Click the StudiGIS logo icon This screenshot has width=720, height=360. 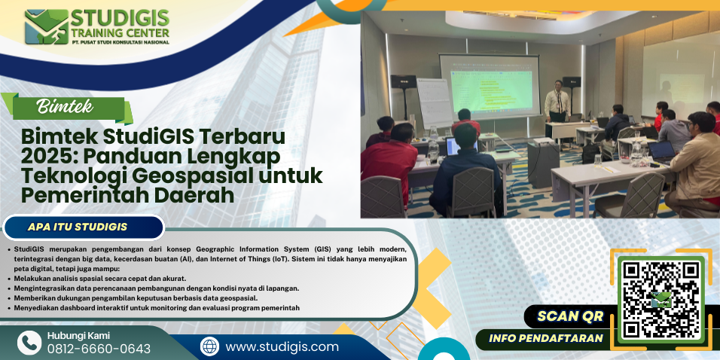pos(47,27)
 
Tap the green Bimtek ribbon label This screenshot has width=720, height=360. pos(68,108)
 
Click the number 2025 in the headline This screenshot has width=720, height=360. pos(43,157)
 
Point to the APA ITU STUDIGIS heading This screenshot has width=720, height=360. pos(78,227)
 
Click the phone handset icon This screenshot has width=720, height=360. pos(29,343)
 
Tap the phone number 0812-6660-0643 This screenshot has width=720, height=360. pos(99,349)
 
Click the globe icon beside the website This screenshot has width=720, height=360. pos(210,346)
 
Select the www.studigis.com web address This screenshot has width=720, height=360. pos(282,346)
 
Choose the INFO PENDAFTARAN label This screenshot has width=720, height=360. pos(545,339)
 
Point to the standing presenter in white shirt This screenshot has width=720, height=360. pos(557,102)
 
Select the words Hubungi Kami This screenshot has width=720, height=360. pos(78,336)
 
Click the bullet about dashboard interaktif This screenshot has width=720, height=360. pos(157,308)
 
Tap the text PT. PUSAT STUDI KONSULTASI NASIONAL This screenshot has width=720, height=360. pos(120,42)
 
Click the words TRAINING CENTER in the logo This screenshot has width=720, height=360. pos(120,32)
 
